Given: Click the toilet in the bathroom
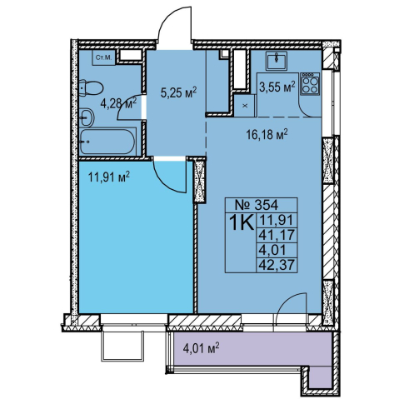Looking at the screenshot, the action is point(91,87).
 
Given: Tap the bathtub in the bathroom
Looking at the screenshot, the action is point(108,142).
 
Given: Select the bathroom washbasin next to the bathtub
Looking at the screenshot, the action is point(87,117).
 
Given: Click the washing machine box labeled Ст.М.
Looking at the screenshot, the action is point(103,57).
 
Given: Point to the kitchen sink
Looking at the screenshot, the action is point(277,61).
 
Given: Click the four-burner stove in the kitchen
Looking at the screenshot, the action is point(310,84).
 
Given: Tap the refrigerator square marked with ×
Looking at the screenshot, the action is point(245,106).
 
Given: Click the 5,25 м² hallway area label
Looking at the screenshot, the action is point(178,92).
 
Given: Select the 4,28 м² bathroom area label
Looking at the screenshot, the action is point(118,103).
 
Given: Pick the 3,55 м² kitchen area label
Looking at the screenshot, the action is point(277,87).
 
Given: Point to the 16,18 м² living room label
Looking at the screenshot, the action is point(267,135).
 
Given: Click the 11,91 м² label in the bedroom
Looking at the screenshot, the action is point(109,177).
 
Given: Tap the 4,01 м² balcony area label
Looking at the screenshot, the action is point(202,347).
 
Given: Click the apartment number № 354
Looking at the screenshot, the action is point(257,205).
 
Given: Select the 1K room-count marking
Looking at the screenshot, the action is point(241,222).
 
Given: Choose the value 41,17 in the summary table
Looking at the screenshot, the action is point(277,235).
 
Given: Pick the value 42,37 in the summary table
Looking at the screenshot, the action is point(277,265).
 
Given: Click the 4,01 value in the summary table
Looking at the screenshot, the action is point(272,250).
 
